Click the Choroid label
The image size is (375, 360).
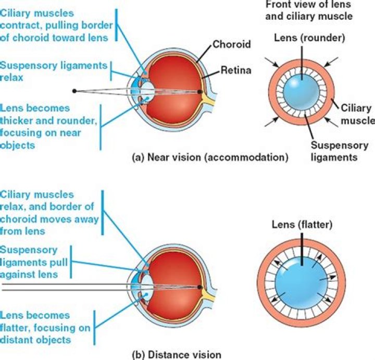click(231, 45)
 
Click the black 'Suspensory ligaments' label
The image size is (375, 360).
click(340, 151)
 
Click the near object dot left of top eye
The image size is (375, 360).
click(75, 91)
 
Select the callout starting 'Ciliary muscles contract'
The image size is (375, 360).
click(55, 25)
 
